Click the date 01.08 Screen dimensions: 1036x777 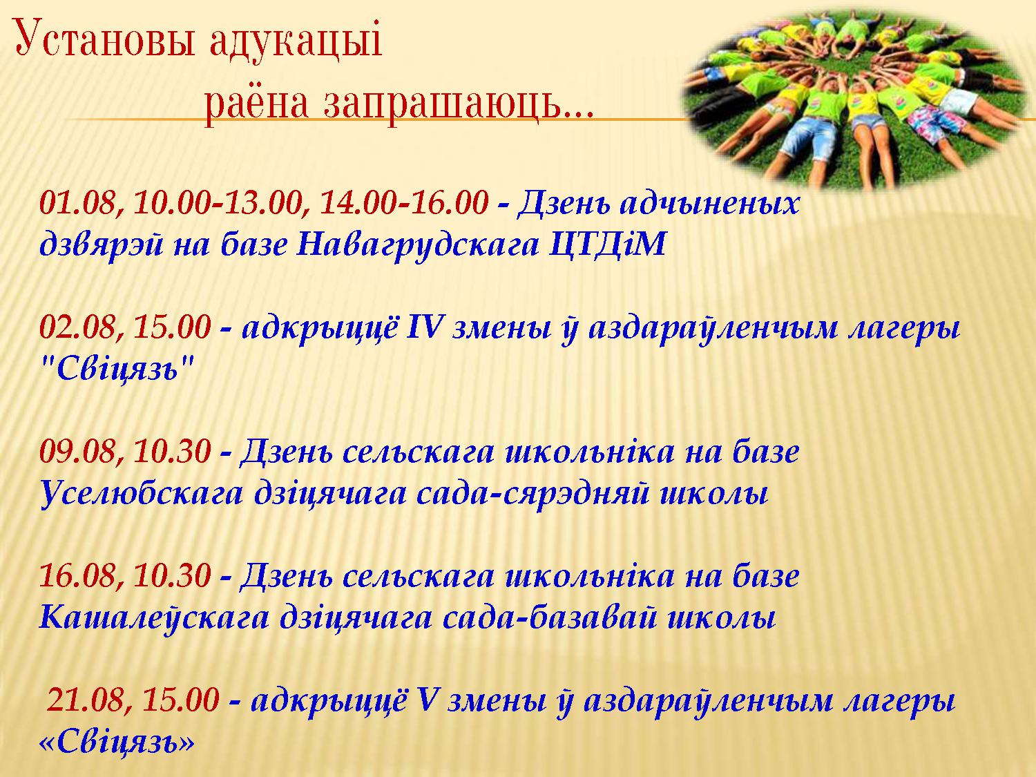pyautogui.click(x=77, y=204)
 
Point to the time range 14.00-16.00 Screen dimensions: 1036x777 pyautogui.click(x=404, y=203)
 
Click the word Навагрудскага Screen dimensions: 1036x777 pyautogui.click(x=418, y=245)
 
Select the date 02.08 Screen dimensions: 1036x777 pyautogui.click(x=77, y=327)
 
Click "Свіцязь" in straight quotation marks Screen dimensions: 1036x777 pyautogui.click(x=117, y=368)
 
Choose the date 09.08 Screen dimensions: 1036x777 pyautogui.click(x=77, y=452)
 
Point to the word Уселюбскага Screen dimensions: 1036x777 pyautogui.click(x=141, y=493)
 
